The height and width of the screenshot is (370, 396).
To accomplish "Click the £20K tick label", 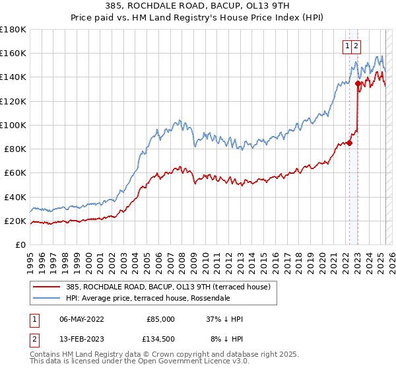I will click(x=15, y=221).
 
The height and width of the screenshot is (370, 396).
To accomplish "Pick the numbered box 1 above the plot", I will click(x=347, y=46).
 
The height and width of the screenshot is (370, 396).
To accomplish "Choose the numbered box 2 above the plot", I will click(x=356, y=46).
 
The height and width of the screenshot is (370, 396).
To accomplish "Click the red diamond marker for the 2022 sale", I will click(x=350, y=143).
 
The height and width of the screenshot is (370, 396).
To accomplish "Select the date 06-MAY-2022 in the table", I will click(x=81, y=319).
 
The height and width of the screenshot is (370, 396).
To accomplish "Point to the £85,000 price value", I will click(x=161, y=319).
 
